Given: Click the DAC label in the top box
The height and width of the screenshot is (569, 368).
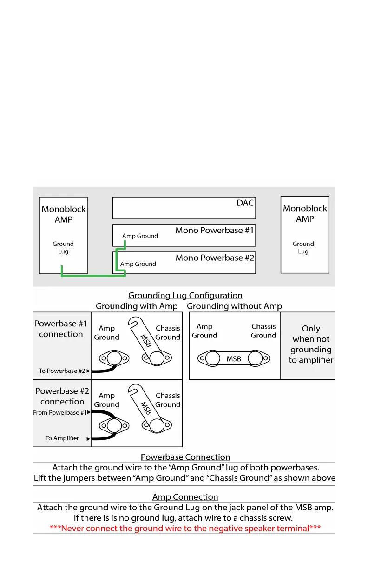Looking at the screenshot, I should [x=245, y=203].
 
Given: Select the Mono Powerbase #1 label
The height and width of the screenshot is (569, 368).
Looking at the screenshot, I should [x=215, y=230].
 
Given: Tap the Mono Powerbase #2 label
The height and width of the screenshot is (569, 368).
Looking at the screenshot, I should [x=215, y=258].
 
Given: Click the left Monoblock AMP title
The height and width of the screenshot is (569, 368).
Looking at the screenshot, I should [x=64, y=214].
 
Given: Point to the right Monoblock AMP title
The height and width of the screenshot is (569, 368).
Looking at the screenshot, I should [x=305, y=213].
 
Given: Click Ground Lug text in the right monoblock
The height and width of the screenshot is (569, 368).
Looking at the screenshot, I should [x=303, y=247].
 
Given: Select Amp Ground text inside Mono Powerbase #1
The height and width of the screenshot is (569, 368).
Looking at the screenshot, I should [x=140, y=236].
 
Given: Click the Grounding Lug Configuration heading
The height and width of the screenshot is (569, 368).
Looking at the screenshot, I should [x=185, y=295].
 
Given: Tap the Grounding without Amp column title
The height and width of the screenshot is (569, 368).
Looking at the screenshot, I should [x=234, y=306].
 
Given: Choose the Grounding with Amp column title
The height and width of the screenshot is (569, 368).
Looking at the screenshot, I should [x=137, y=306].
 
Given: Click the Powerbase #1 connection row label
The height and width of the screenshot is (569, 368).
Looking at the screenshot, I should [x=61, y=329].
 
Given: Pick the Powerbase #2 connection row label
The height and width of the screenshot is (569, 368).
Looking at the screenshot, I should [x=62, y=396].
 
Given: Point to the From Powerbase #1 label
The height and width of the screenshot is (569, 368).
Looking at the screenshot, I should [x=60, y=413].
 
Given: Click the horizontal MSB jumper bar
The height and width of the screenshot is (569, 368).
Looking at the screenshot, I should [x=233, y=359].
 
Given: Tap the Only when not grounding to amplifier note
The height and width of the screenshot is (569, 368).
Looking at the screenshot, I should [x=310, y=344].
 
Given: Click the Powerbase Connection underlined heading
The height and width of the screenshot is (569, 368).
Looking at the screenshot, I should [x=185, y=457].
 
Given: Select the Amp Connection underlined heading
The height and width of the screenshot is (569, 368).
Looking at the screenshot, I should [x=185, y=497].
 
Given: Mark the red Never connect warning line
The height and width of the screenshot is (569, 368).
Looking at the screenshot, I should [x=185, y=528].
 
